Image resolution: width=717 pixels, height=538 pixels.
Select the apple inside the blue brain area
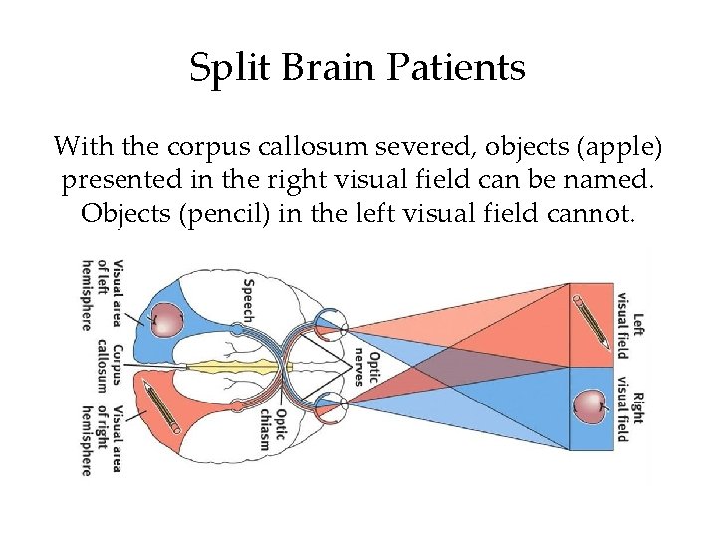click(167, 320)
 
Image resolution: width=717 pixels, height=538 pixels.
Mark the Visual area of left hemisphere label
click(103, 295)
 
